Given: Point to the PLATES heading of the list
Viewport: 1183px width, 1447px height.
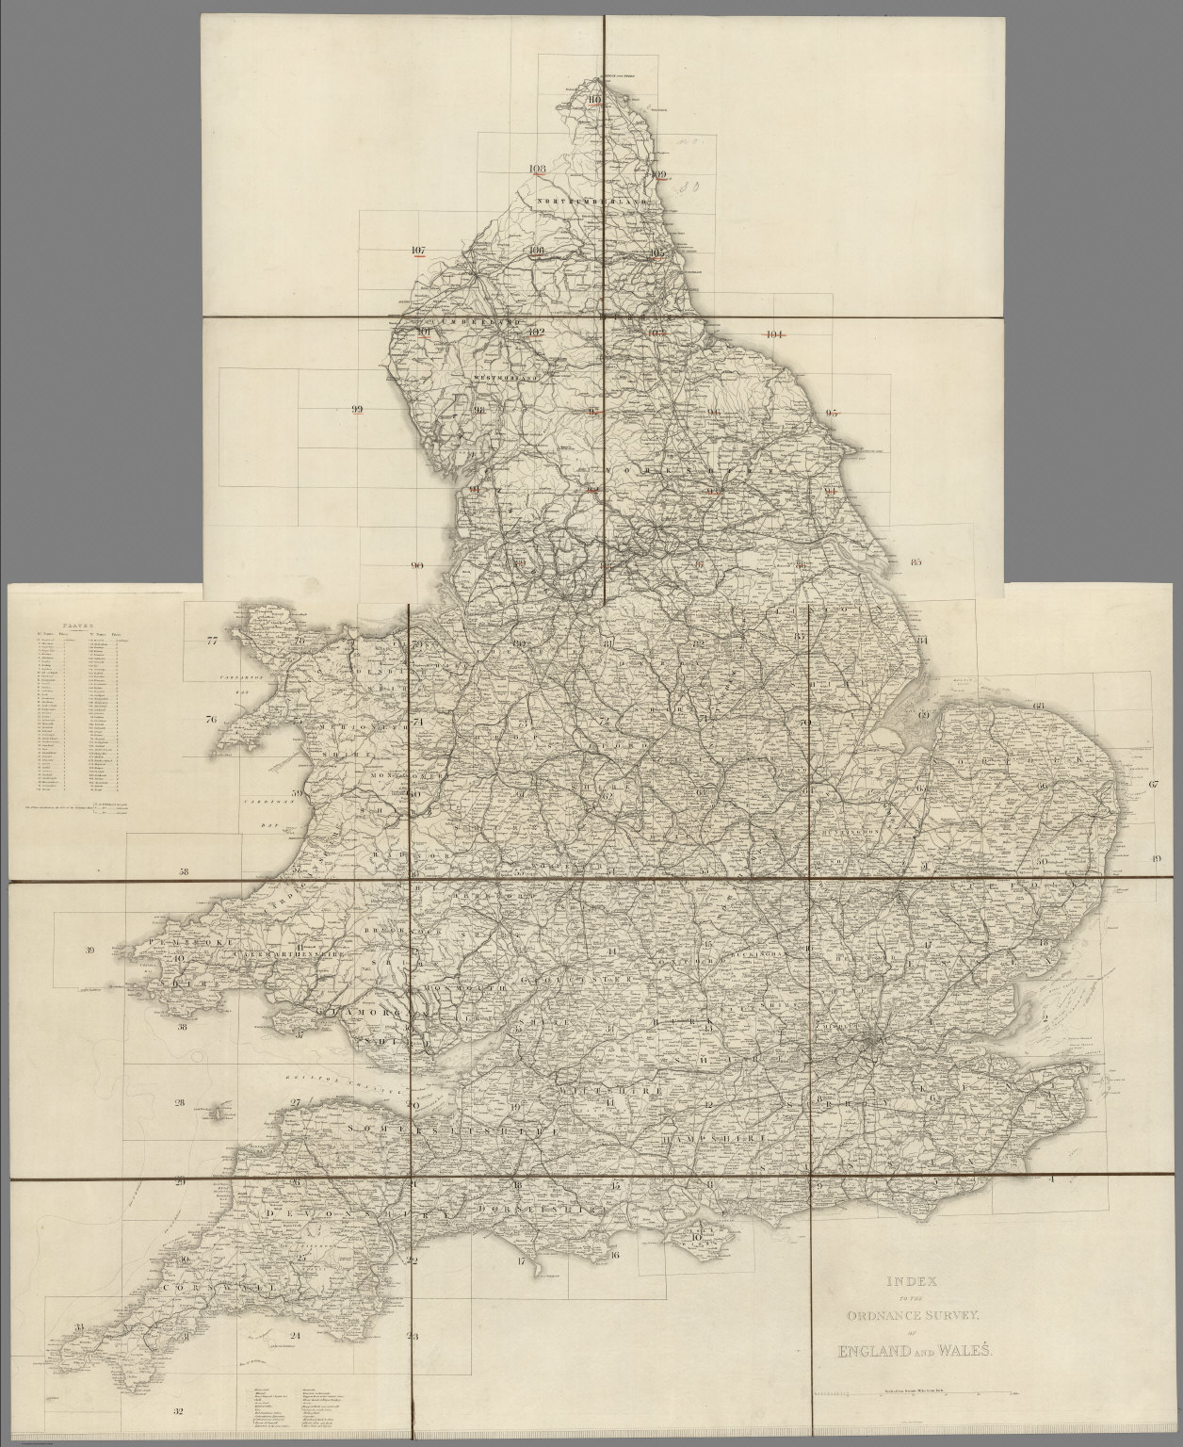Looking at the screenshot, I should coord(70,624).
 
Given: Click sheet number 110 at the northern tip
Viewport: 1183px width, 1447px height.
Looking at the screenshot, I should coord(594,101).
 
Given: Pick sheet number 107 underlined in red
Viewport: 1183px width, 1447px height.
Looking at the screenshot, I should coord(419,251).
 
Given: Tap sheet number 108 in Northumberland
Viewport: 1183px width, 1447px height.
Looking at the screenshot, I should coord(538,170).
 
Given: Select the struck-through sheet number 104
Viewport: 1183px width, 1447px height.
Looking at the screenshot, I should coord(775,334).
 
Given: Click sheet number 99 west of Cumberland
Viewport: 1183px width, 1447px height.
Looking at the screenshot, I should coord(356,409).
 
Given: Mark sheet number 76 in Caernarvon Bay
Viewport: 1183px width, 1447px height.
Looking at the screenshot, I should coord(212,720).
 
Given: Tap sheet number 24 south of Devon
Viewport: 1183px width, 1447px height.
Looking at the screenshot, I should coord(295,1336).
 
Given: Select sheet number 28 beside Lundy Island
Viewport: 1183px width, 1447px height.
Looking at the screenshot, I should coord(179,1103).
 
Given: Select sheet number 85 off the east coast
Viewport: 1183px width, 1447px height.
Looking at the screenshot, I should coord(915,562).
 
